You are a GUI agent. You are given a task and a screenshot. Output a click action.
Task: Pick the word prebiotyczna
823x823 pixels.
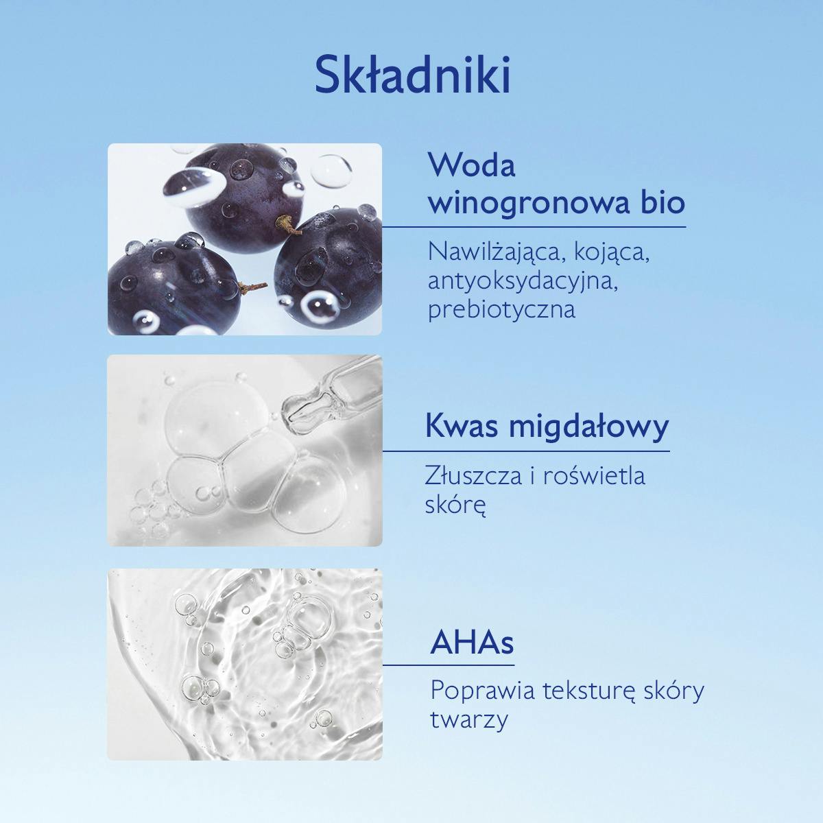pos(501,310)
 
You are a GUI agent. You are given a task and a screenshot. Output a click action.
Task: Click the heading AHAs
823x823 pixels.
pos(473,643)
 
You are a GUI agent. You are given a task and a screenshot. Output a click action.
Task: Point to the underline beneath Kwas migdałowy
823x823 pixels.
pos(527,451)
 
